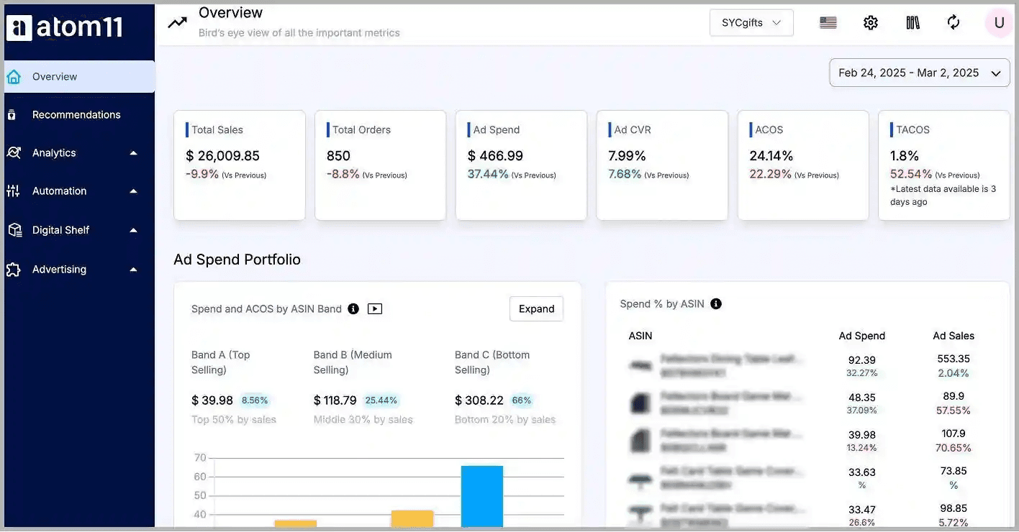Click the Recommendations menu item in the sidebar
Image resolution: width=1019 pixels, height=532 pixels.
[x=76, y=115]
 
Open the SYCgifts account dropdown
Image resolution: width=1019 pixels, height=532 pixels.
[x=751, y=23]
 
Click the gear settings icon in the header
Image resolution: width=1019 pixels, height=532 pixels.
[x=871, y=23]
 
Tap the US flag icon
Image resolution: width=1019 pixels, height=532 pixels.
[x=828, y=23]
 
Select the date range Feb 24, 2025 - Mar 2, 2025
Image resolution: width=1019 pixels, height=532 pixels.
[x=919, y=73]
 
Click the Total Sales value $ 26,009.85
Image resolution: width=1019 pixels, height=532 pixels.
[x=222, y=156]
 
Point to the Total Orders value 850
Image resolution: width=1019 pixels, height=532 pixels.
[x=338, y=156]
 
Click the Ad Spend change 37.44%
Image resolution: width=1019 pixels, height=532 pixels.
[x=488, y=175]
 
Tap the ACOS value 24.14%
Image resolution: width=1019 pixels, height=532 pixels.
[x=771, y=156]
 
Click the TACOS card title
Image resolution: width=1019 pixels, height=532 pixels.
[x=912, y=130]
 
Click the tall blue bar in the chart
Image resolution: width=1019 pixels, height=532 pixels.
[x=481, y=496]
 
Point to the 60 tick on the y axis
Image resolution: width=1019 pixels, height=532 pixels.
[x=200, y=477]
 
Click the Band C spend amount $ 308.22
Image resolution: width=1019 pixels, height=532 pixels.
[x=479, y=400]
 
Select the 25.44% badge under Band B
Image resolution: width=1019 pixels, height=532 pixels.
[x=381, y=400]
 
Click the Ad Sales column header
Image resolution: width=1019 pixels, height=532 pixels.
[x=954, y=336]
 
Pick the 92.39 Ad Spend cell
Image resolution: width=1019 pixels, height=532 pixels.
[x=862, y=359]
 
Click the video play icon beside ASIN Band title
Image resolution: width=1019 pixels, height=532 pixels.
[x=375, y=309]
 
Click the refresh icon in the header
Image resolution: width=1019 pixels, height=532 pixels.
[x=954, y=23]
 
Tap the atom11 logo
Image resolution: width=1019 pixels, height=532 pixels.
[x=65, y=27]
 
